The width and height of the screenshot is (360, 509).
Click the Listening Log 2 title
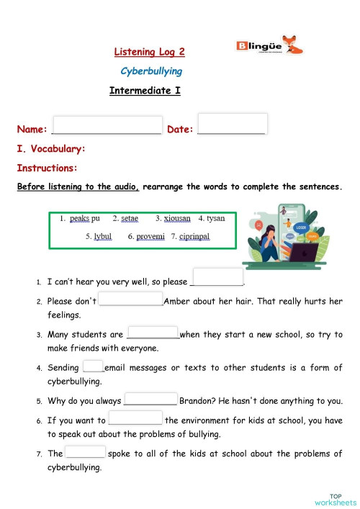tap(150, 52)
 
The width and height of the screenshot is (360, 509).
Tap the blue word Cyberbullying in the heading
tap(150, 71)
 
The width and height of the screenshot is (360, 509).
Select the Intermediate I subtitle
tap(144, 91)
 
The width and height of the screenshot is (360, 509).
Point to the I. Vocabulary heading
tap(51, 149)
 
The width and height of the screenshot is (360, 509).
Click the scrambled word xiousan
tap(177, 218)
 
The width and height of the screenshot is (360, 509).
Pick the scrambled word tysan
tap(215, 218)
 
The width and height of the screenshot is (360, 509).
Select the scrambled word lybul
tap(103, 236)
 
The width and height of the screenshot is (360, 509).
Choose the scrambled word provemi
tap(150, 236)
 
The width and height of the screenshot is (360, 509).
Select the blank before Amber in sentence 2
tap(130, 299)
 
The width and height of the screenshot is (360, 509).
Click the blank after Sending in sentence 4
tap(93, 366)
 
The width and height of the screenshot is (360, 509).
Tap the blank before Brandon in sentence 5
tap(150, 400)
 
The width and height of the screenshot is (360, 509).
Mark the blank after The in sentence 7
tap(85, 452)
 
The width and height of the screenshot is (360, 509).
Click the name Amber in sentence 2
tap(178, 302)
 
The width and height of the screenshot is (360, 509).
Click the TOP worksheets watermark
tap(336, 499)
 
